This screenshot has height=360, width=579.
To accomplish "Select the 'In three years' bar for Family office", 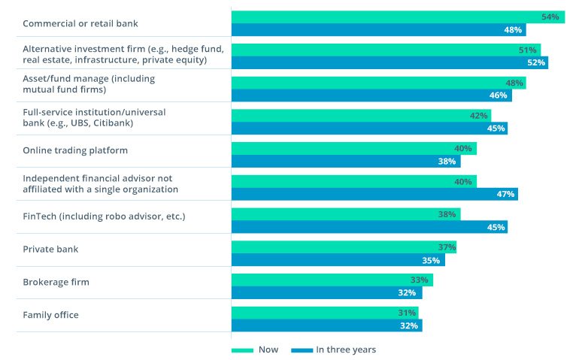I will pos(326,325).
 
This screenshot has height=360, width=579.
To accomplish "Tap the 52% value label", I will pos(535,62).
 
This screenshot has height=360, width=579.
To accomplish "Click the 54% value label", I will pos(550,17).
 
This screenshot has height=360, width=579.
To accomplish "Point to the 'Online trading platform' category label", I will pos(75,150).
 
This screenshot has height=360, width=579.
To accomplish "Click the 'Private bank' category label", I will pos(50,249).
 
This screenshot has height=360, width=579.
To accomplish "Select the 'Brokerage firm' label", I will pos(56,282).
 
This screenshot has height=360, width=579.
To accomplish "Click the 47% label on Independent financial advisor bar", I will pos(505,194).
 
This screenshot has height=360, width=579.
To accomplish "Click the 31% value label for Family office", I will pos(407,313).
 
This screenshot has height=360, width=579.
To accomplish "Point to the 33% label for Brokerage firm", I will pos(420,280).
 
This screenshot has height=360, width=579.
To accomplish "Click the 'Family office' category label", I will pos(50,315).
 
